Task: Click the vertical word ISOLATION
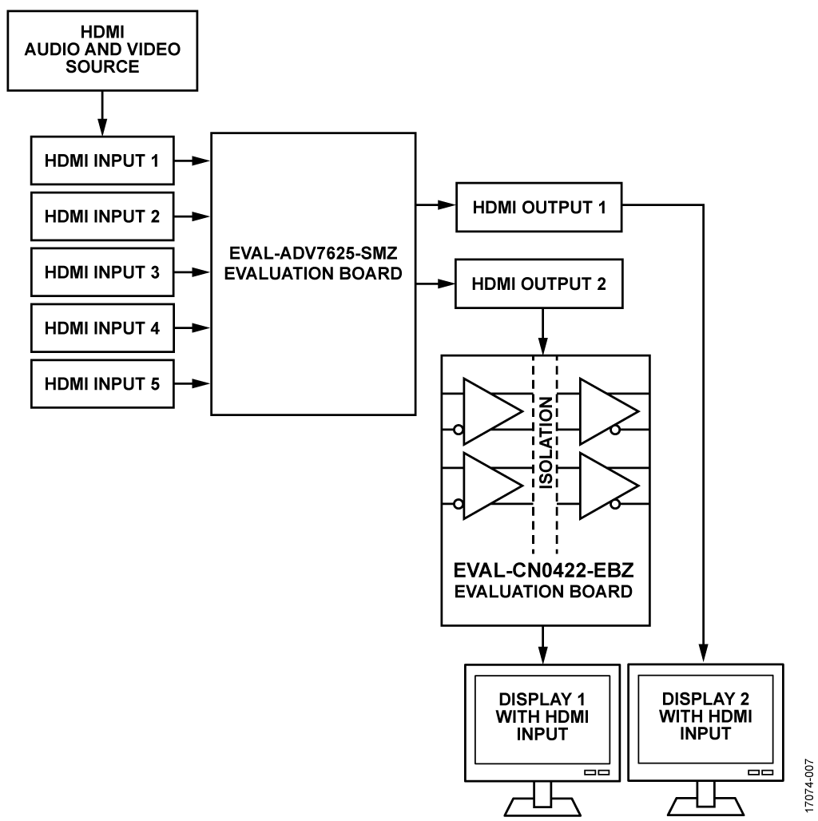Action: pos(545,443)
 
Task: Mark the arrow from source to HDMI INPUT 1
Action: pos(102,113)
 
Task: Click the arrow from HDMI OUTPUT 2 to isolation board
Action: pos(543,331)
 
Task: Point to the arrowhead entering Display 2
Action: pos(703,654)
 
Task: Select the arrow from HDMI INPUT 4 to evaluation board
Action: pos(193,328)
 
